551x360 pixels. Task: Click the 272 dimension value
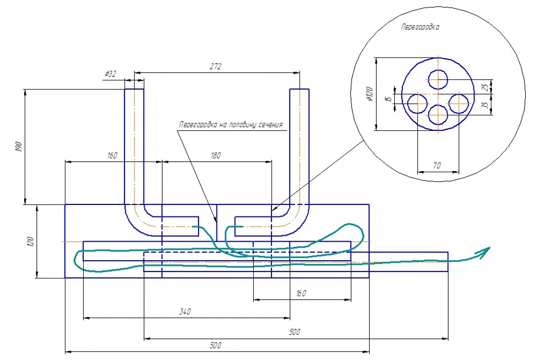(216, 66)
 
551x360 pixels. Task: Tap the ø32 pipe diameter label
(110, 74)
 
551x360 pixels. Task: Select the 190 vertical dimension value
(19, 146)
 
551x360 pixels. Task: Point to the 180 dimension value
(216, 156)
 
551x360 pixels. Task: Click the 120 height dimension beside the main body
(30, 242)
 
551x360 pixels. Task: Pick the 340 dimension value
(185, 312)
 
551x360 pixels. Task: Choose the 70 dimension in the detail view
(437, 165)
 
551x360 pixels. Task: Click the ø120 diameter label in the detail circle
(369, 94)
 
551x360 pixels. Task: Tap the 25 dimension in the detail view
(486, 87)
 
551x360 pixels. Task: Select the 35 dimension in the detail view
(486, 104)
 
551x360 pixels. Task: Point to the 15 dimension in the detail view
(389, 99)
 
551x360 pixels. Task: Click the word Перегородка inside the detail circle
(420, 27)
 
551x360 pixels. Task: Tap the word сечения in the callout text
(271, 125)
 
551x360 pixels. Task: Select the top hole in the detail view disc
(438, 79)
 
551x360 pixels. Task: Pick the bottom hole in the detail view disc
(438, 115)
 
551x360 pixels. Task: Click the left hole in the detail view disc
(417, 103)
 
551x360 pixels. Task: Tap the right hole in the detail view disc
(459, 103)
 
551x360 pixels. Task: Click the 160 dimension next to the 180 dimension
(112, 156)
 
